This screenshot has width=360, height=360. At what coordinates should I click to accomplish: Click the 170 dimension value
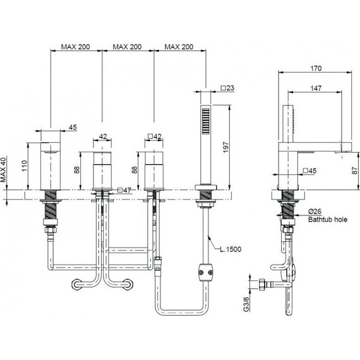316,68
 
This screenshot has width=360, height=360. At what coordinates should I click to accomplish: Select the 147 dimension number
316,88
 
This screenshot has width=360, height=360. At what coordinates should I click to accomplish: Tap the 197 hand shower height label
226,147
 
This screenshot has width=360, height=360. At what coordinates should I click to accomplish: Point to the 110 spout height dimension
25,165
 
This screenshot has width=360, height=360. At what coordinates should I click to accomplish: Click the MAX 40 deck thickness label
3,170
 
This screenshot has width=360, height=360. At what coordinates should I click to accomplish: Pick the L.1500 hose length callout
231,249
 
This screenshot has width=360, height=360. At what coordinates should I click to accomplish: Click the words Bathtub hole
328,220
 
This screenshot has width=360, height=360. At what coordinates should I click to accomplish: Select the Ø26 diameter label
315,211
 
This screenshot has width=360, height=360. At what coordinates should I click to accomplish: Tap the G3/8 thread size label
246,304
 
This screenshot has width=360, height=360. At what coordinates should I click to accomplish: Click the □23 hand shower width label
227,88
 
